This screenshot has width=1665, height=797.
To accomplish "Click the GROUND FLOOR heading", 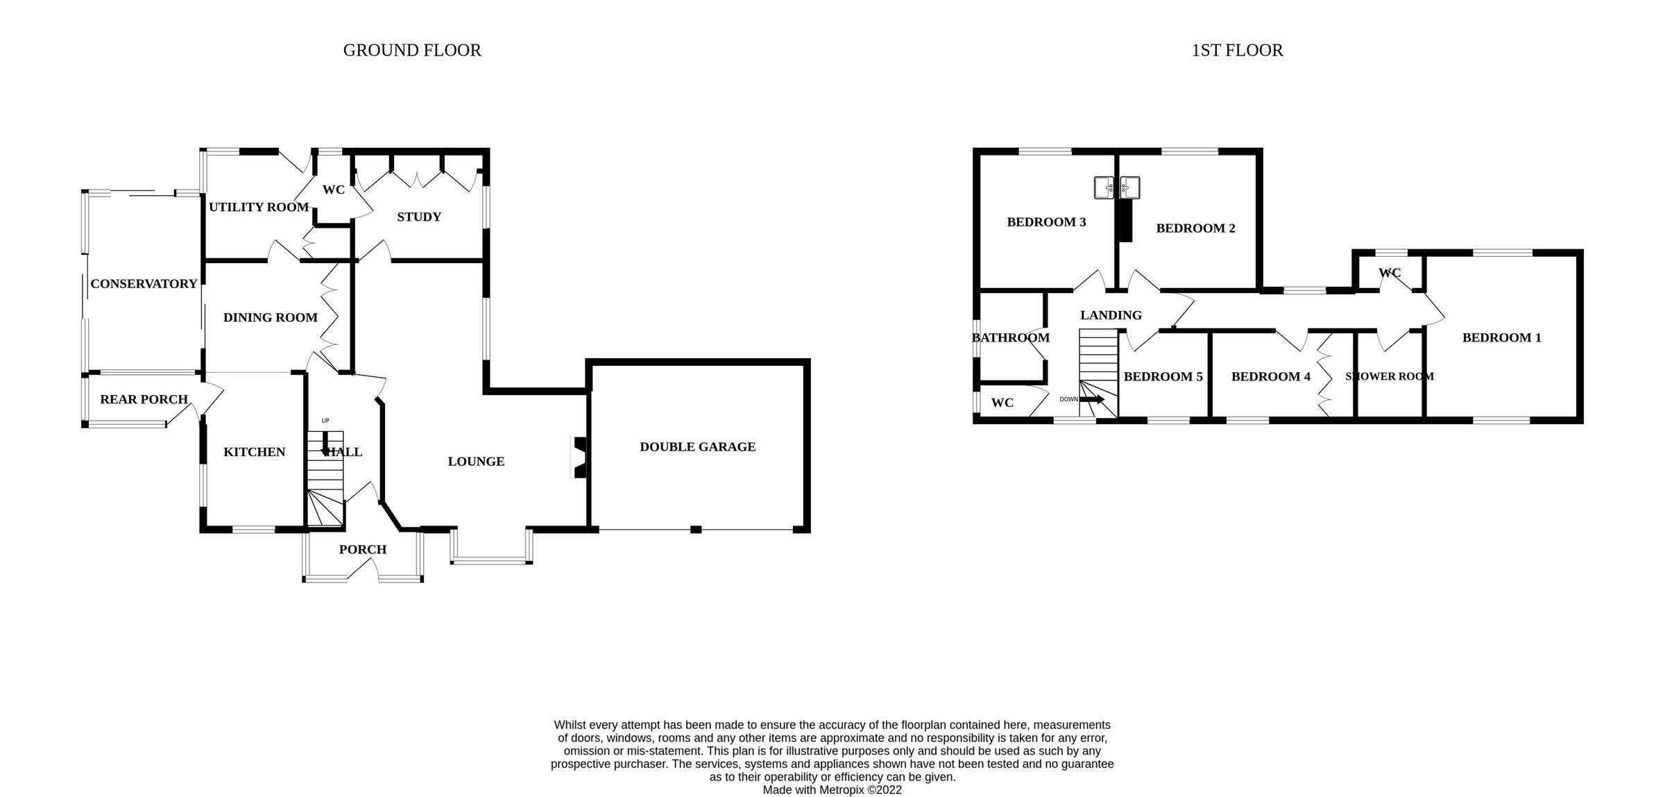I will point(412,51).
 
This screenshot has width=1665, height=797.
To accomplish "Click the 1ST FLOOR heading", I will point(1237,51).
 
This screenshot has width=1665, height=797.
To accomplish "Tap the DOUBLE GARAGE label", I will point(697,447).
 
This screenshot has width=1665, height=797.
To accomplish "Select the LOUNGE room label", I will point(476,462).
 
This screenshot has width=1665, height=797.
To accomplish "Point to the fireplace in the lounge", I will point(579,457).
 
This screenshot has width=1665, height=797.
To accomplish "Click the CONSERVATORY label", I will point(144,284).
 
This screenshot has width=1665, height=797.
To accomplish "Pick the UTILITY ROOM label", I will point(258,208).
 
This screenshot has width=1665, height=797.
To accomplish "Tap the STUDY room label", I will point(419,217).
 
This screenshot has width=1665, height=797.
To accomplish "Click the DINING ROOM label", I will point(270,318).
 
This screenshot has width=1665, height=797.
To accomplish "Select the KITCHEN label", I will point(254,453).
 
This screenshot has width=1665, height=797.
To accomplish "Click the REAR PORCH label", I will point(144,400).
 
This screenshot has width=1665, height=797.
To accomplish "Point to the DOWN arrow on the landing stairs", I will point(1091,399).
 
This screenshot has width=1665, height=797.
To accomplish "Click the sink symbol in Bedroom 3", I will point(1104,187).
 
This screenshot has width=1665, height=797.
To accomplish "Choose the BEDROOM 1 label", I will point(1501,338).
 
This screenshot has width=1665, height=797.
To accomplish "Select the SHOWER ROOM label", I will point(1389,377).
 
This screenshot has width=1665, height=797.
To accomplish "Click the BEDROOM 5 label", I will point(1163,377).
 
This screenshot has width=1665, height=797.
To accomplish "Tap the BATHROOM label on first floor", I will point(1010,338).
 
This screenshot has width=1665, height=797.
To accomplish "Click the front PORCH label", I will point(362,550).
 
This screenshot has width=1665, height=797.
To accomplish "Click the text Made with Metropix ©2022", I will point(832,790).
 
